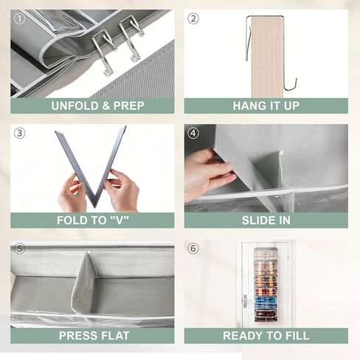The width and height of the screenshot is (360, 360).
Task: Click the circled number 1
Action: [x=19, y=18]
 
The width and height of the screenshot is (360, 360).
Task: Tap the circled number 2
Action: [x=193, y=18]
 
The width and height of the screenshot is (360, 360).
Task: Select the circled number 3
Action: [x=19, y=134]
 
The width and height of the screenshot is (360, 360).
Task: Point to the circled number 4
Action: [x=193, y=134]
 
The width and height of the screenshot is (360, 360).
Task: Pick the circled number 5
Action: [x=19, y=249]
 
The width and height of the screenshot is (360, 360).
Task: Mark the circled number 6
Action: [x=193, y=249]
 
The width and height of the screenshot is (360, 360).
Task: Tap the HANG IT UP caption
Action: [x=266, y=105]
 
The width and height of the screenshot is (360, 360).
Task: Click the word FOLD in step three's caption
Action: [x=74, y=221]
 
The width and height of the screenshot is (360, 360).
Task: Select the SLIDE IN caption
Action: [x=266, y=221]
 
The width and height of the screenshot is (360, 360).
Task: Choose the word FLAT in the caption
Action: [x=114, y=336]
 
